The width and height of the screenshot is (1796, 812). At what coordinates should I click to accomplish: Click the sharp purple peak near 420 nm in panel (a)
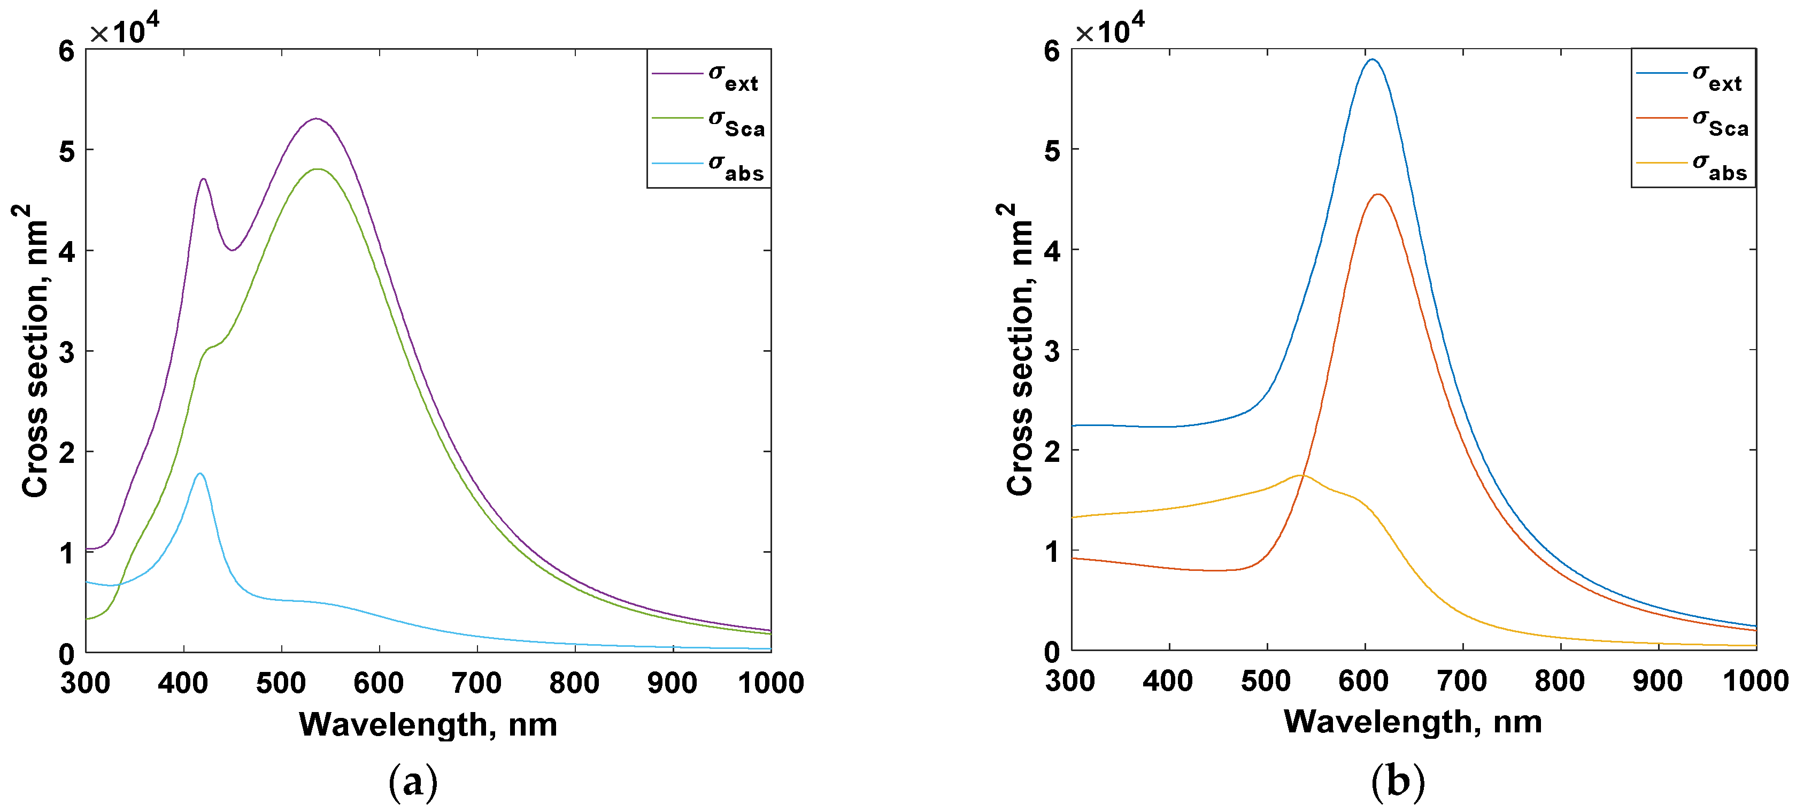coord(203,179)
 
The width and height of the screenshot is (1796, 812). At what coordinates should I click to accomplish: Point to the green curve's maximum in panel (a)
coord(318,169)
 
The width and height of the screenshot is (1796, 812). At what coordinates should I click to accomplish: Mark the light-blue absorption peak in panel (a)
coord(200,473)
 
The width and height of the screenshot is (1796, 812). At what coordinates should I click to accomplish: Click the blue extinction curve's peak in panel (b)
coord(1371,59)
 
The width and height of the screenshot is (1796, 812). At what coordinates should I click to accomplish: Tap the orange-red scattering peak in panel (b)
coord(1378,195)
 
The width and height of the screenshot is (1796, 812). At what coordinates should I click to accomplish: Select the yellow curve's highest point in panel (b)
coord(1301,475)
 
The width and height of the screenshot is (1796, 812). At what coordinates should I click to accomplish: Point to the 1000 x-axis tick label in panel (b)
coord(1755,680)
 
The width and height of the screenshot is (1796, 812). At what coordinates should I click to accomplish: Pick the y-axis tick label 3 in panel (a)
coord(67,352)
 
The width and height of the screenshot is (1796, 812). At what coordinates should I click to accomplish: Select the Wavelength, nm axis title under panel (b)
coord(1413,721)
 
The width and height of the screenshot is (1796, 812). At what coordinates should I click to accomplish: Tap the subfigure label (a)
coord(413,782)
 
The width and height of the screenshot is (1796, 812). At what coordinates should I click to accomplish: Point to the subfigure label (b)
coord(1397,782)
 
